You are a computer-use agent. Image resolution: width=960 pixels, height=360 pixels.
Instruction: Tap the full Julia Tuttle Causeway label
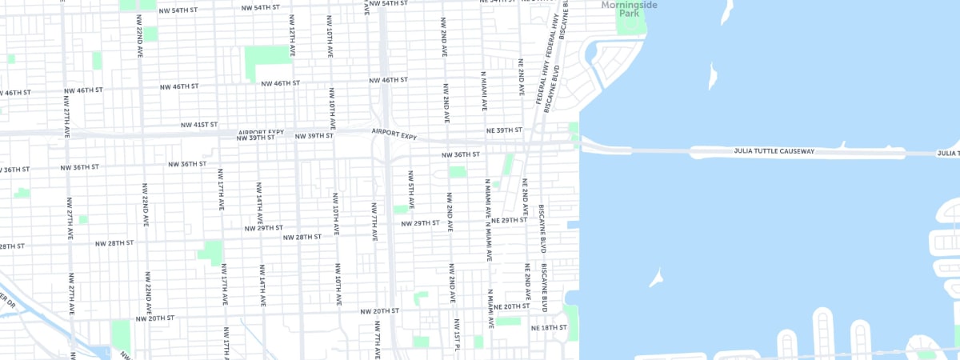(x=774, y=150)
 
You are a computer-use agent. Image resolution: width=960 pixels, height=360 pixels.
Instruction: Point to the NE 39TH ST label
(x=504, y=130)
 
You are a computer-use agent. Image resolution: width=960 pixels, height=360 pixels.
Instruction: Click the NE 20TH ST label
(x=512, y=306)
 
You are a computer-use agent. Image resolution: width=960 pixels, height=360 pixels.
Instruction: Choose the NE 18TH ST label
(x=549, y=327)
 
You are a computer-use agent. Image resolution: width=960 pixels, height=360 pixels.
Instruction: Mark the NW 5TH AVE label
(x=411, y=190)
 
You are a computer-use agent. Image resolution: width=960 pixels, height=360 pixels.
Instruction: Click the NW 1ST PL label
(x=457, y=335)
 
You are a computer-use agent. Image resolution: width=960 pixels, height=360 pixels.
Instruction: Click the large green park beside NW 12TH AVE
(x=267, y=58)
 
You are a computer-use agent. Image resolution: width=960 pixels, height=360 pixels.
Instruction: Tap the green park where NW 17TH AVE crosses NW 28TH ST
(x=211, y=252)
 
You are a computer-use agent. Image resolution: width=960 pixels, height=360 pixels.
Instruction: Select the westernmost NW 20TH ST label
(x=155, y=318)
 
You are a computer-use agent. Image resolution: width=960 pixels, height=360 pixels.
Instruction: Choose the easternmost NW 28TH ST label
(x=302, y=237)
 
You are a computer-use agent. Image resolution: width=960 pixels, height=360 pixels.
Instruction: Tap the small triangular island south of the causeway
(x=657, y=277)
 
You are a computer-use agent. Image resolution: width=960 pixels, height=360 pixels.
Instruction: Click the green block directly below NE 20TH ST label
(x=508, y=321)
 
